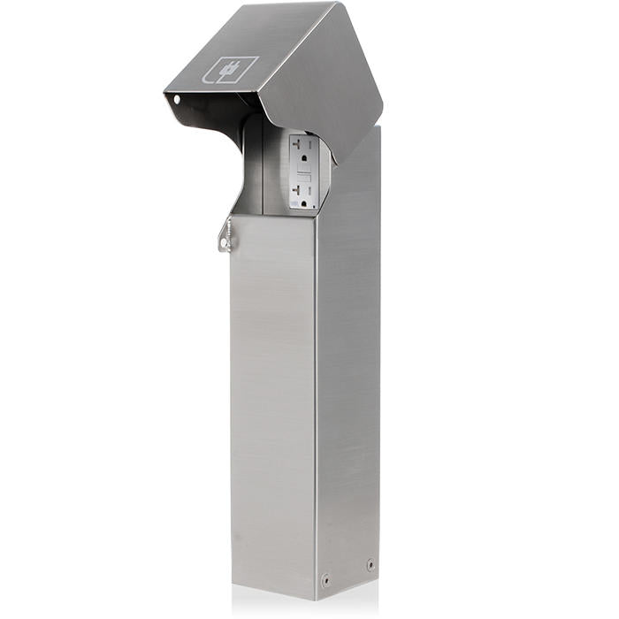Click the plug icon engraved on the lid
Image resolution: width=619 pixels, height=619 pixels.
pos(233,69)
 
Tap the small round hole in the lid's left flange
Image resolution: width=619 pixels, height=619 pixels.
pos(176,99)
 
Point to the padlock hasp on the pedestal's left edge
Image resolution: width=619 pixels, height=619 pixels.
pos(227,234)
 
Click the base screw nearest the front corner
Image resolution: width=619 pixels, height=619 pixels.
pos(325,580)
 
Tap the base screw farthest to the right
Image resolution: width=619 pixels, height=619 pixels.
pos(370,563)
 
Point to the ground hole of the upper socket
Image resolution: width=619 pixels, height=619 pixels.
pos(301,159)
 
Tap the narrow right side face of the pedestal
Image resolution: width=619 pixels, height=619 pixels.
pos(349,371)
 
